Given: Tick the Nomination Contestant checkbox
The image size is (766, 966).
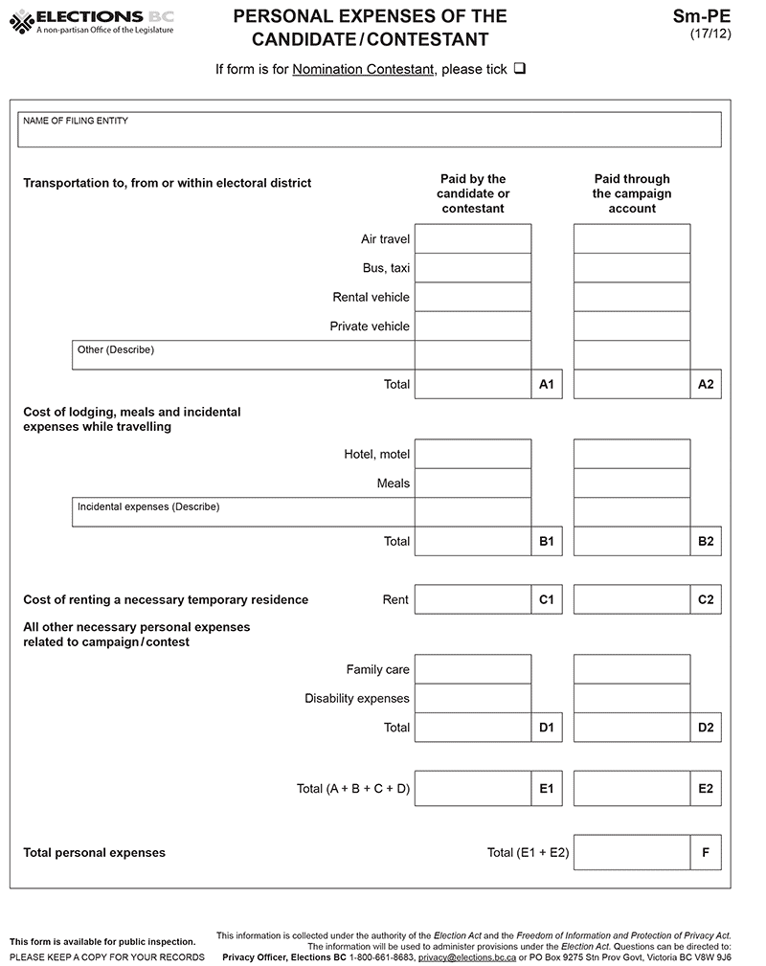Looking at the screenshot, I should pos(520,70).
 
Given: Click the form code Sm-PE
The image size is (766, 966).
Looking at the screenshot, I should pos(703,16).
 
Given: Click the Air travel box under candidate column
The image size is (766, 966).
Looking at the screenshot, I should pos(473,238).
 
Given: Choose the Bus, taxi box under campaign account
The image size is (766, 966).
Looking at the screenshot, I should pos(632,268).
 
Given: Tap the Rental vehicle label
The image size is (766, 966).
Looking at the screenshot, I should pos(371,297).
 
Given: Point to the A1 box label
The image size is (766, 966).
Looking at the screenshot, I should pos(547,384).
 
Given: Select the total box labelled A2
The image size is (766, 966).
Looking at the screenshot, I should pos(632,384).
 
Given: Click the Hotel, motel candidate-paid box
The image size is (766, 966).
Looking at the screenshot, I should pos(473,454).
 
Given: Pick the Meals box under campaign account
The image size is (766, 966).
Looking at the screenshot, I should pos(632,483).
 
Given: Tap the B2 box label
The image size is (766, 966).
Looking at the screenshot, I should pos(706,541).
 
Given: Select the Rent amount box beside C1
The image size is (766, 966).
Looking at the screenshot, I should pos(473,599).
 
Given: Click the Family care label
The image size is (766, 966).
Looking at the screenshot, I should pos(377,669).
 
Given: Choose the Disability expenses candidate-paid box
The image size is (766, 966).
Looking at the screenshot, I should pos(473,698).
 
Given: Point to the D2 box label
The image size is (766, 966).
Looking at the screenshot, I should pos(706,728).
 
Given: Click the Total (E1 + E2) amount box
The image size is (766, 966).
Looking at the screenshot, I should pos(632,852).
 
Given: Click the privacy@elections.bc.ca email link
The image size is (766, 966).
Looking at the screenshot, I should pos(467,957).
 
